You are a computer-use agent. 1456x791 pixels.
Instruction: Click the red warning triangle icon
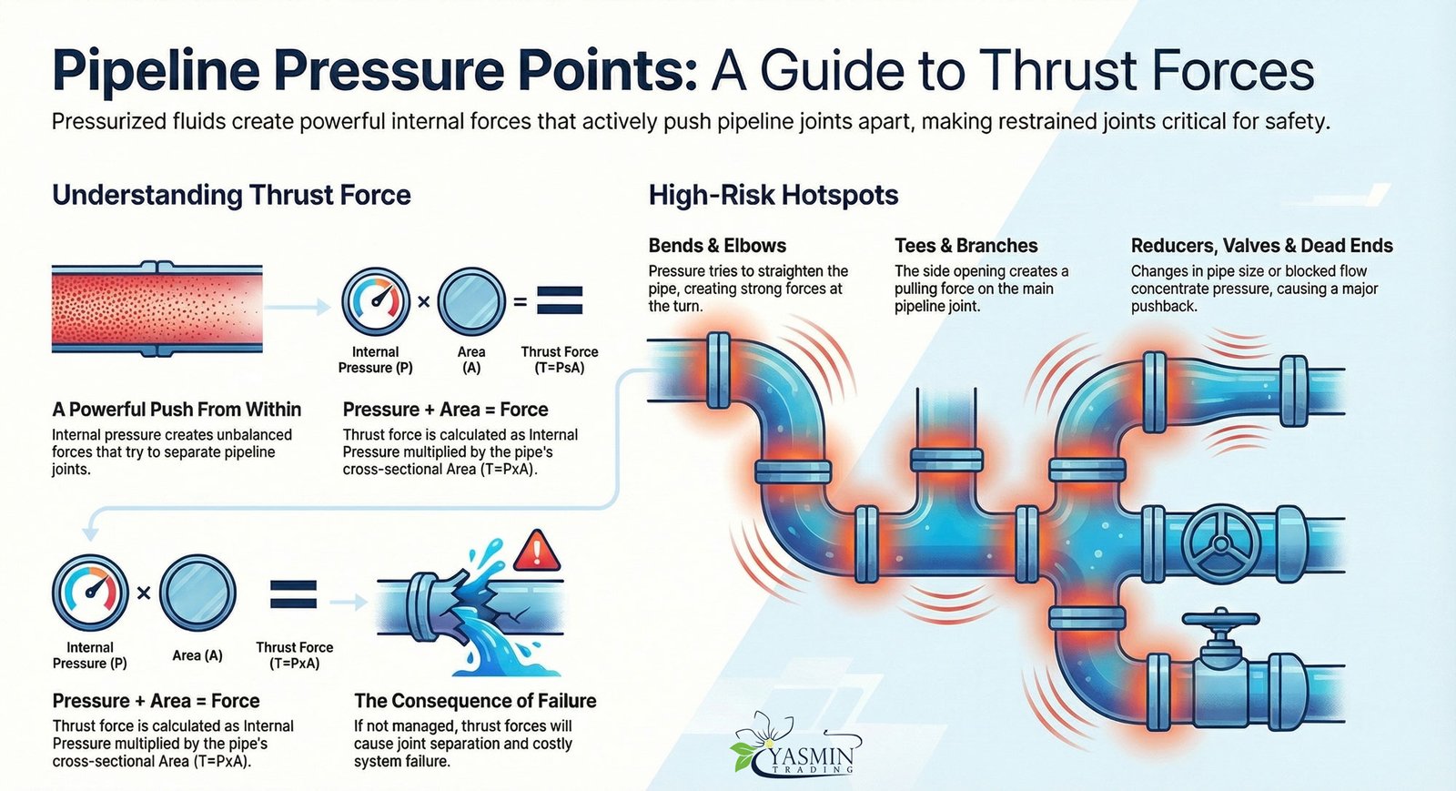[537, 550]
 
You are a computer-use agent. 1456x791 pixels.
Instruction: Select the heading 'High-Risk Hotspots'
[773, 195]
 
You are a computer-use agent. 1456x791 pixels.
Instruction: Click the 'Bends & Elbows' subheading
[717, 246]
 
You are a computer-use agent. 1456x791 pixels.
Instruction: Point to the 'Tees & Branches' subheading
[966, 246]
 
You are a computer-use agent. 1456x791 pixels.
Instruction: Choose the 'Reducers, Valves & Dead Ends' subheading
[1261, 246]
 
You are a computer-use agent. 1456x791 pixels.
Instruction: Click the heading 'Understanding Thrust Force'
[231, 195]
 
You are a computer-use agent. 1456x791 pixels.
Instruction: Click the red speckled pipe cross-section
[157, 309]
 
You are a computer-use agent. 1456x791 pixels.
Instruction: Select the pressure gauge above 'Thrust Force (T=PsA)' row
[376, 301]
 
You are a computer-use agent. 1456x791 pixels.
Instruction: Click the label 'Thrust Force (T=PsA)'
[559, 360]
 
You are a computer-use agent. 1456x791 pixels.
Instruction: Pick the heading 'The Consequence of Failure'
[475, 701]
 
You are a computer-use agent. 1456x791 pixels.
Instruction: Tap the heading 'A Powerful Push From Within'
[177, 410]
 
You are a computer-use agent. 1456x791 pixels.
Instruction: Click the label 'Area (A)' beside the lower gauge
[197, 655]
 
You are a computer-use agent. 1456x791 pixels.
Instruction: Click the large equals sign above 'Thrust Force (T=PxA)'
[294, 594]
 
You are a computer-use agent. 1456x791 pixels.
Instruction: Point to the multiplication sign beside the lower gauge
[144, 593]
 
